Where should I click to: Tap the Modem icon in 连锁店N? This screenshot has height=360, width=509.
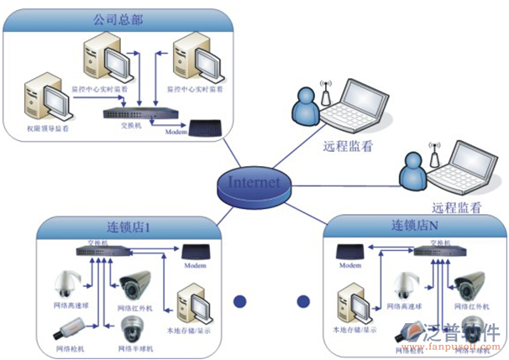[349, 252]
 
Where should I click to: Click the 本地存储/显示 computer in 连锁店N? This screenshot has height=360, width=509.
[353, 305]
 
